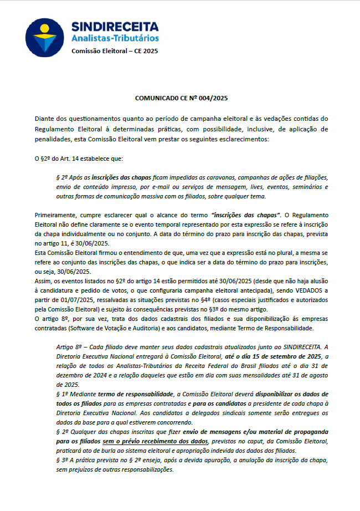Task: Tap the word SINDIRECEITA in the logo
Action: pos(115,27)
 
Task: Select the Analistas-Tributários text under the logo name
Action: pos(115,38)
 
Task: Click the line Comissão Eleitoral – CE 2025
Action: pos(115,52)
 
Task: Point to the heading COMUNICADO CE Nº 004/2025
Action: pos(181,98)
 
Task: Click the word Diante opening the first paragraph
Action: pos(44,119)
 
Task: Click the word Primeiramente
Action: pos(57,215)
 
